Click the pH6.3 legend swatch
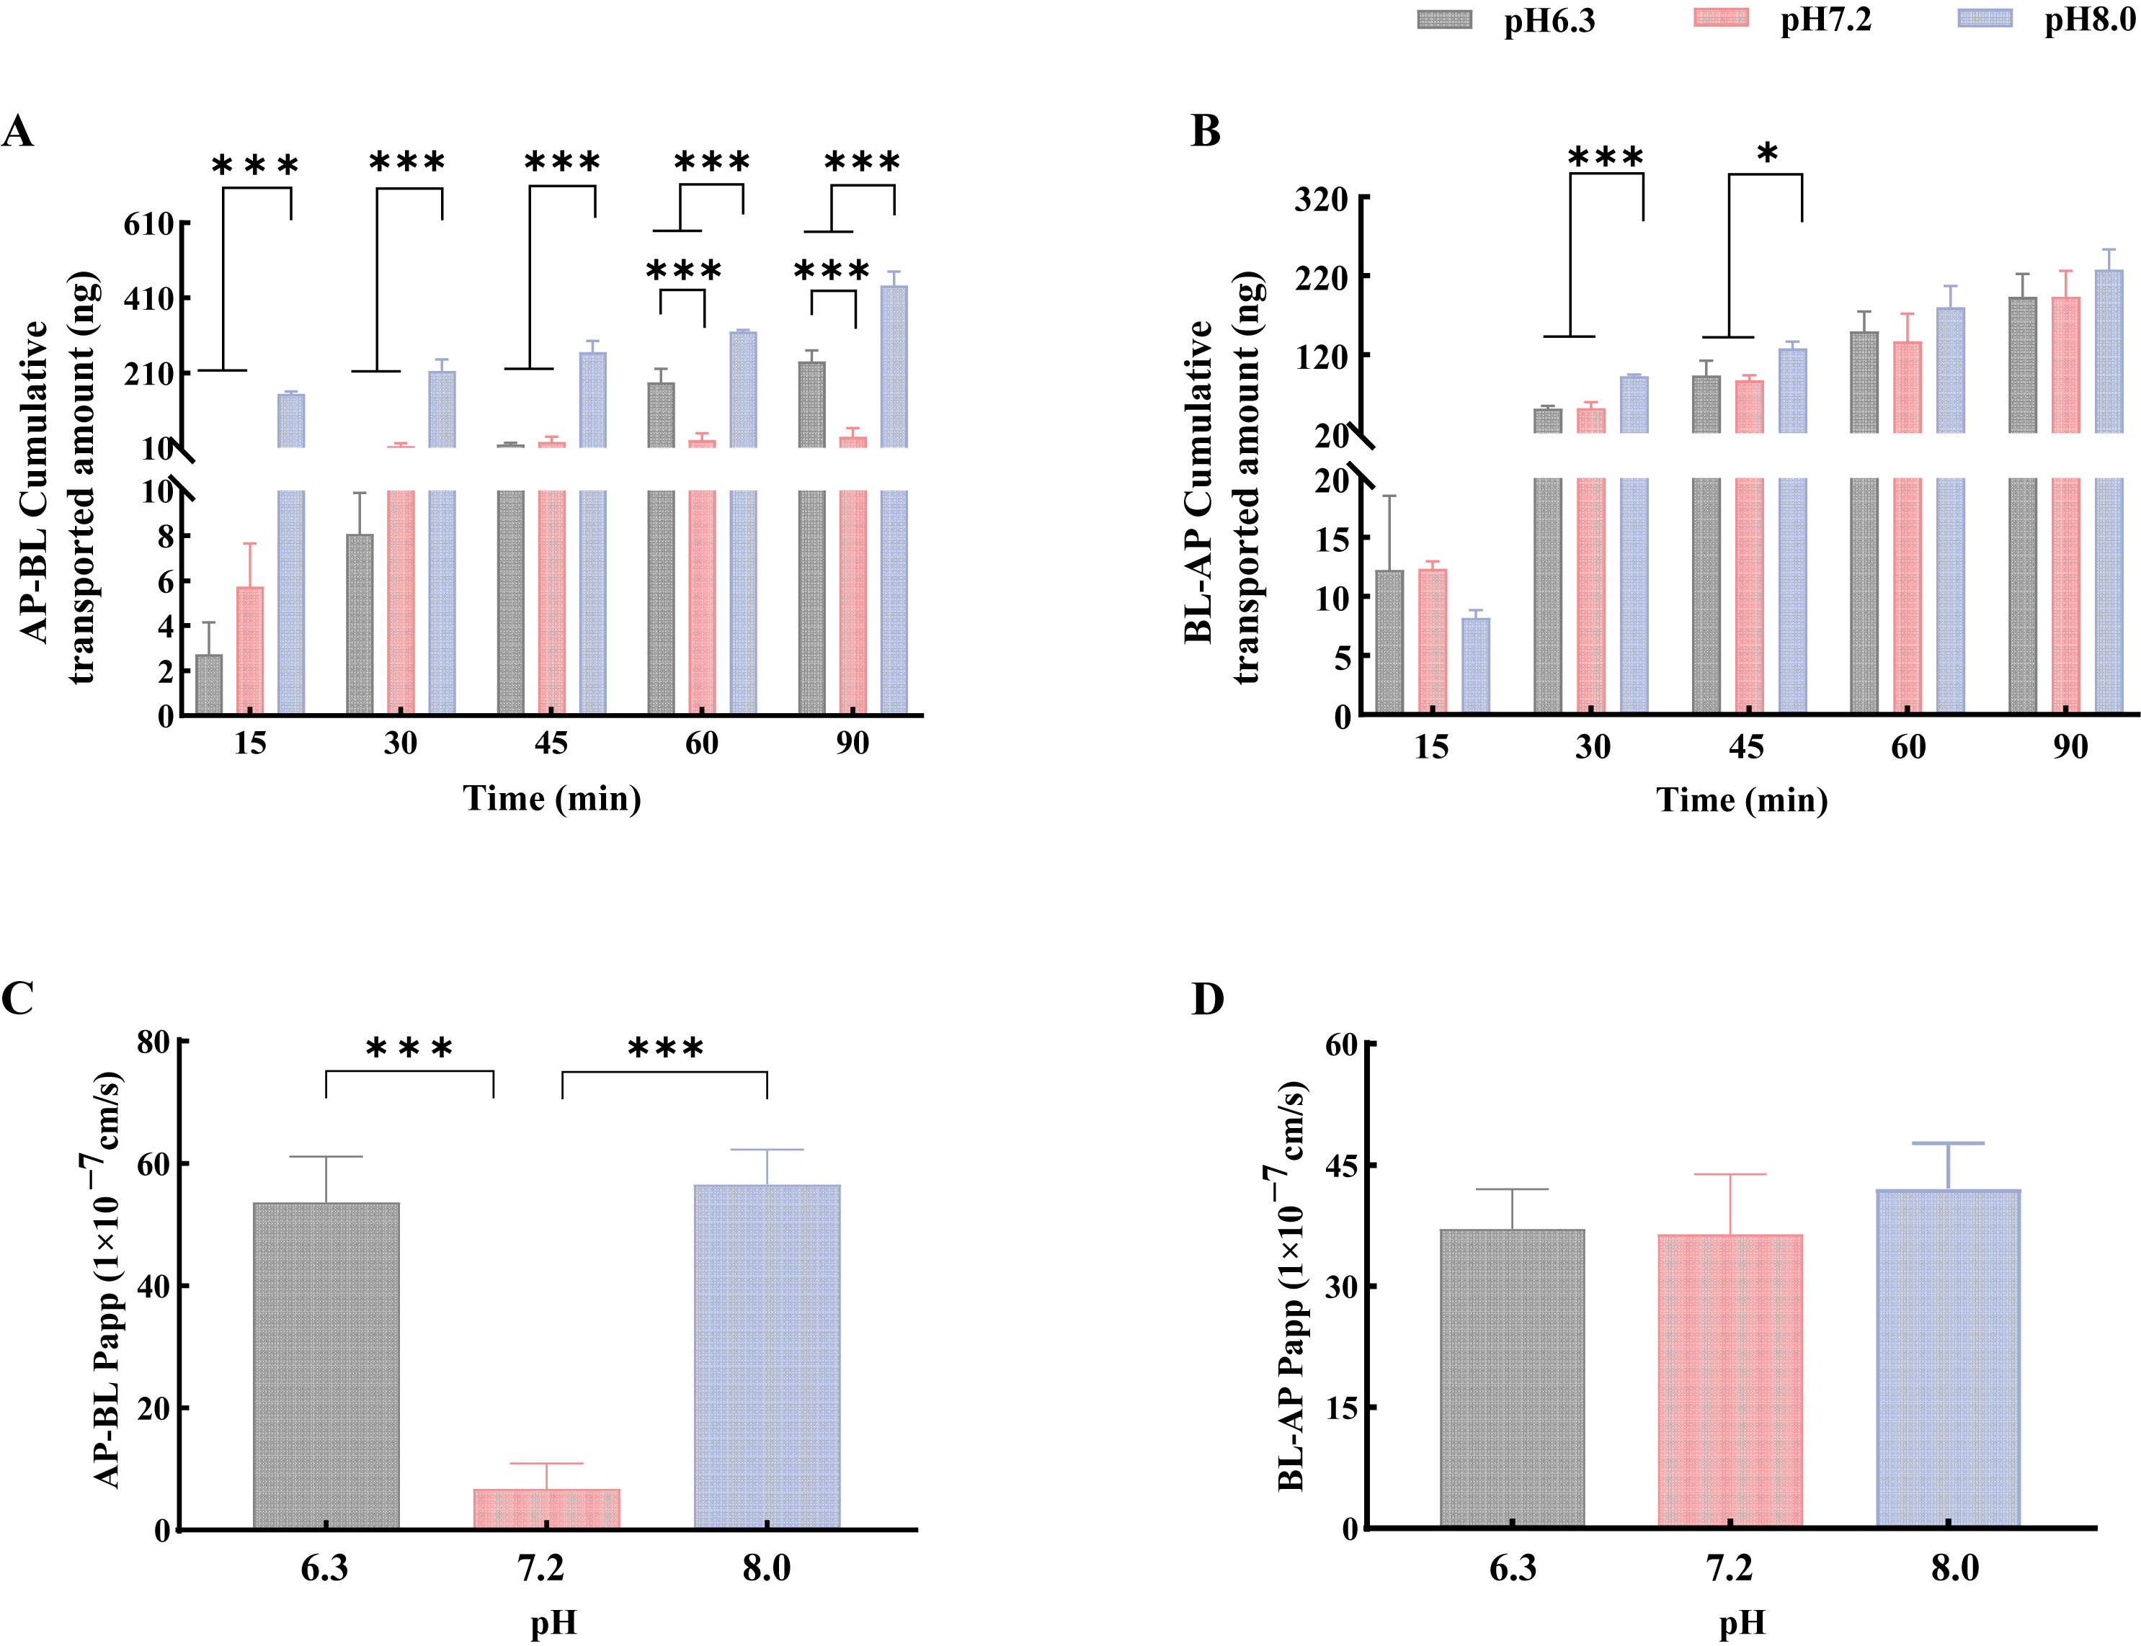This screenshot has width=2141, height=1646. (x=1443, y=19)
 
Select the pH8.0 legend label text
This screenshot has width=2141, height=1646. (x=2088, y=19)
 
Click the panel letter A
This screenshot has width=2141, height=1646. (x=17, y=130)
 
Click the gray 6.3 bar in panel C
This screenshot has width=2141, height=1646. (x=326, y=1365)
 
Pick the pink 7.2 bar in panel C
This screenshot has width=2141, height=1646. (x=547, y=1509)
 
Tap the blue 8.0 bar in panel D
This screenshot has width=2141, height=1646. (x=1948, y=1359)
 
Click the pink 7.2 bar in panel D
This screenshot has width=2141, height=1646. (x=1730, y=1382)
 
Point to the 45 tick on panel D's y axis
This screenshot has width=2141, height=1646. (x=1343, y=1166)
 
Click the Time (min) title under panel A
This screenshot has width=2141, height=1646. (x=552, y=798)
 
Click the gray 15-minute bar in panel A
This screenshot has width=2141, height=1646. (x=209, y=684)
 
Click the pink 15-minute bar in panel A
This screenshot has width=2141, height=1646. (x=250, y=650)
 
